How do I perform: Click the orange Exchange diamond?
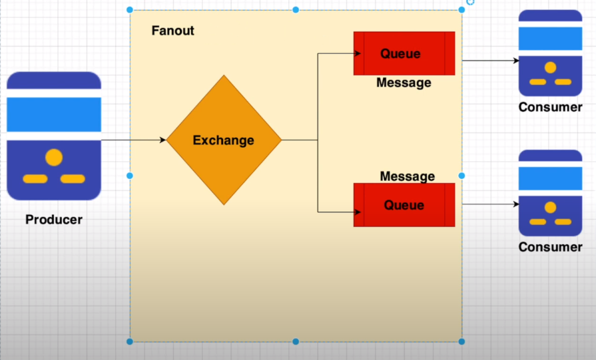point(224,140)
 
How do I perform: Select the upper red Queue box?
point(404,53)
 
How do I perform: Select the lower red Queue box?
point(404,205)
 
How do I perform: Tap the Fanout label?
point(173,31)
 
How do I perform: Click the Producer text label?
point(54,220)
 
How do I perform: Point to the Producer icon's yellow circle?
point(54,157)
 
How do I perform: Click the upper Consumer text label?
point(551,107)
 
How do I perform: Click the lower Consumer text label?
point(551,247)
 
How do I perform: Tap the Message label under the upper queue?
point(404,83)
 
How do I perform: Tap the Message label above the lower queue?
point(408,176)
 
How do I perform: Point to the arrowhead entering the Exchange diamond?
point(162,140)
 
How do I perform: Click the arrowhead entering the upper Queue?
point(358,53)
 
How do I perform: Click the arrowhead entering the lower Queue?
point(358,212)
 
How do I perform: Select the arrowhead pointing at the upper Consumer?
point(516,61)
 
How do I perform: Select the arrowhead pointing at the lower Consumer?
point(516,204)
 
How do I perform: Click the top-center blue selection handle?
point(296,10)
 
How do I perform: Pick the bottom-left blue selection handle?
point(130,341)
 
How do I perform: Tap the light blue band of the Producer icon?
point(54,114)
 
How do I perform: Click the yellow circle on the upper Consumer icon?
point(551,68)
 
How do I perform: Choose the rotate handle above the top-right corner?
point(471,2)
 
